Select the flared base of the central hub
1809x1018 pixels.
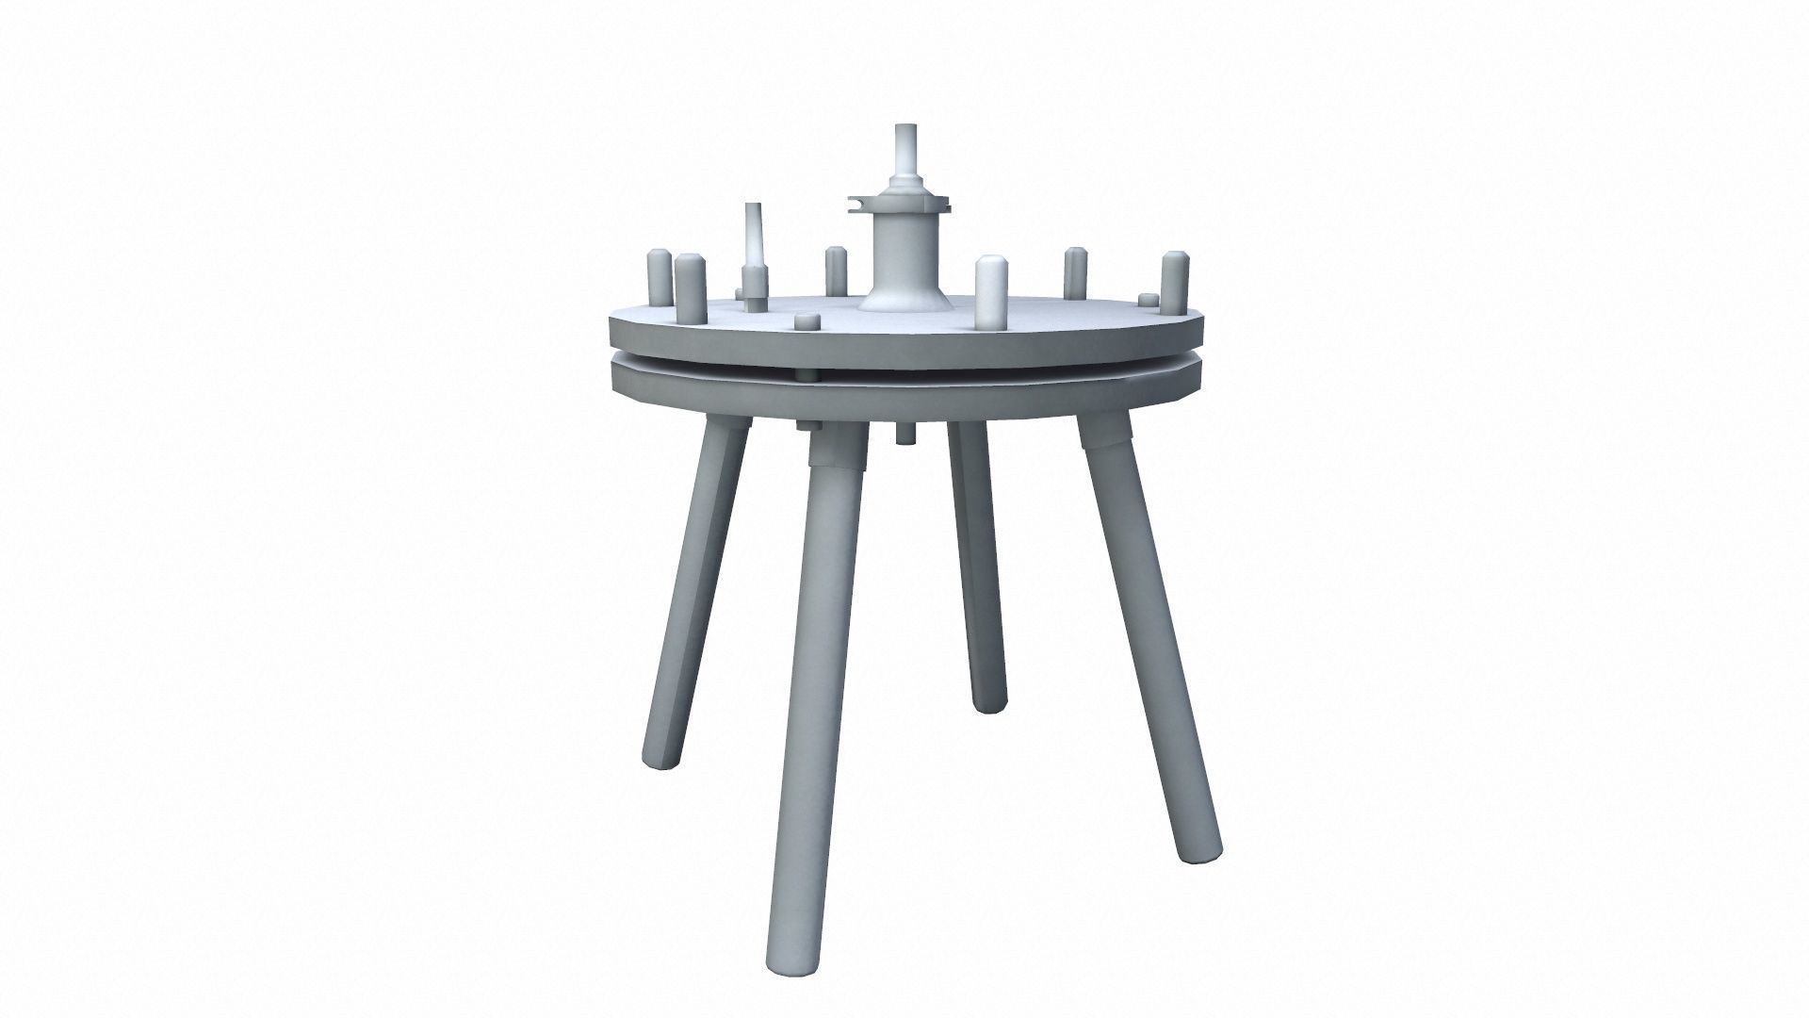tap(902, 299)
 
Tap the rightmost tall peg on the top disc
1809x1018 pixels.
tap(1173, 283)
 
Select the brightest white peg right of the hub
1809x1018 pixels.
tap(989, 293)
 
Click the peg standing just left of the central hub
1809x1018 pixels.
tap(835, 271)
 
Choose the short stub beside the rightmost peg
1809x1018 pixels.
tap(1147, 300)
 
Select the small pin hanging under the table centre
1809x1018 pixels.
tap(904, 433)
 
